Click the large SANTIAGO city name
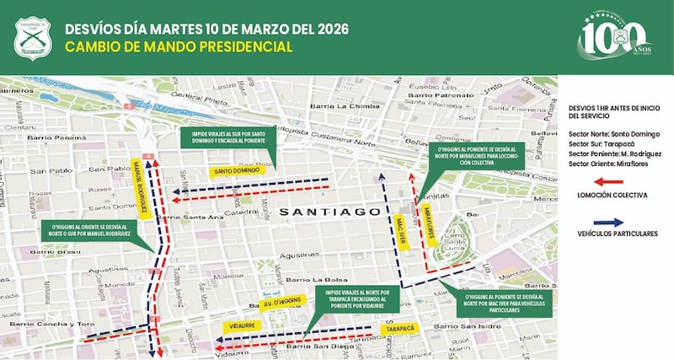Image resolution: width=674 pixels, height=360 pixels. coord(330,211)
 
